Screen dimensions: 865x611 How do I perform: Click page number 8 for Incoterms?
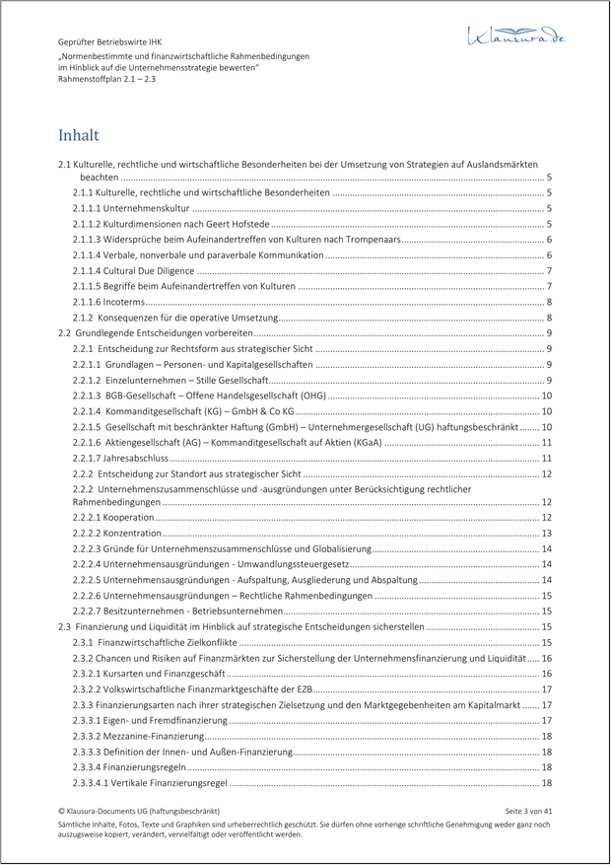(548, 302)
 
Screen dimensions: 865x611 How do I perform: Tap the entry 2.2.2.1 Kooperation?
(112, 517)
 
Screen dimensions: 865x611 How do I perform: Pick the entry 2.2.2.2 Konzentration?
(116, 533)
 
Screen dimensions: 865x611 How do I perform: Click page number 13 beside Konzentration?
(546, 533)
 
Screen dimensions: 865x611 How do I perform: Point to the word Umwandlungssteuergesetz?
(295, 564)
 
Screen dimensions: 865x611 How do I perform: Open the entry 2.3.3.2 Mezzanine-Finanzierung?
(137, 736)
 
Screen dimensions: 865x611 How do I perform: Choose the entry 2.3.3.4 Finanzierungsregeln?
(128, 767)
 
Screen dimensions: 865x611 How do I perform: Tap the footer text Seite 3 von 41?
(528, 810)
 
